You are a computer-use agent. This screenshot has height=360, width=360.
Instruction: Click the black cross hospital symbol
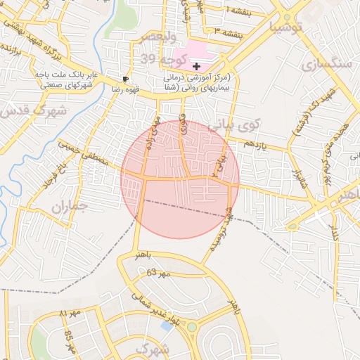(x=196, y=65)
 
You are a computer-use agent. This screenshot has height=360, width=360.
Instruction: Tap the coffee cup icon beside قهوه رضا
(x=126, y=79)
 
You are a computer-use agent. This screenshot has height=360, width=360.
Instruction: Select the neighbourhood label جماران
(x=69, y=207)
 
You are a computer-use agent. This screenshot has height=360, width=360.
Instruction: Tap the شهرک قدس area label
(x=34, y=111)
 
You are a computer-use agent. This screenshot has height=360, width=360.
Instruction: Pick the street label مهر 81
(x=70, y=311)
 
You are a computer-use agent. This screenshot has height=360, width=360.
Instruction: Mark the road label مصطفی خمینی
(x=84, y=153)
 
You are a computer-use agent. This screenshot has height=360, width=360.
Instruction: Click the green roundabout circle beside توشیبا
(x=287, y=17)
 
